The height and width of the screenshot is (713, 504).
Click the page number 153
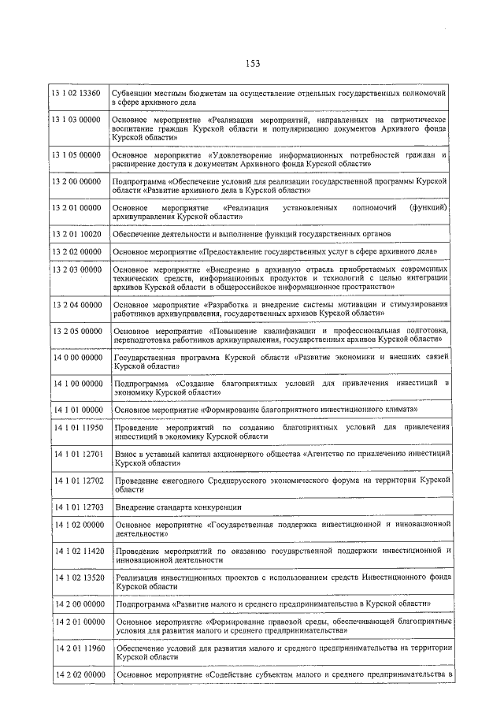pos(252,64)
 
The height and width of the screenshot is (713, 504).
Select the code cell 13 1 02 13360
pos(76,93)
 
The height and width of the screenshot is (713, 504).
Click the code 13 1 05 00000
pos(76,155)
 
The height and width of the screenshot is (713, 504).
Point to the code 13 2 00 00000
pos(76,180)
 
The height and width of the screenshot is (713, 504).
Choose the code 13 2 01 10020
pos(76,234)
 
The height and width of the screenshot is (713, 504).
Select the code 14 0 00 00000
pos(77,357)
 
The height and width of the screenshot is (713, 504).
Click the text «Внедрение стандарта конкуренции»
pos(178,507)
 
